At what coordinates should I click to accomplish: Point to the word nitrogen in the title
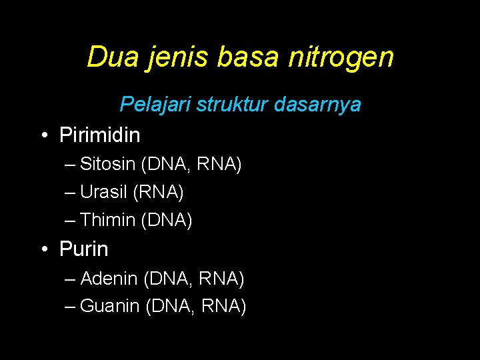tap(341, 58)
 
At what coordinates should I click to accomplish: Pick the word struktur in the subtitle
tap(220, 105)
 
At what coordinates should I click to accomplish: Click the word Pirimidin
tap(100, 135)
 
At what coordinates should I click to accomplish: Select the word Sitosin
tap(107, 164)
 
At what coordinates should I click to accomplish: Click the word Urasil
tap(104, 192)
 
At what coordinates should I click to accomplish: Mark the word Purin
tap(83, 249)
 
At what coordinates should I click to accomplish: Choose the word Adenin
tap(109, 278)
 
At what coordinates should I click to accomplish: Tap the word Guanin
tap(109, 306)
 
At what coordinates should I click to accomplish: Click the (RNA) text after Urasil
tap(159, 192)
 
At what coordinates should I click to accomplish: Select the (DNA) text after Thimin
tap(167, 219)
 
